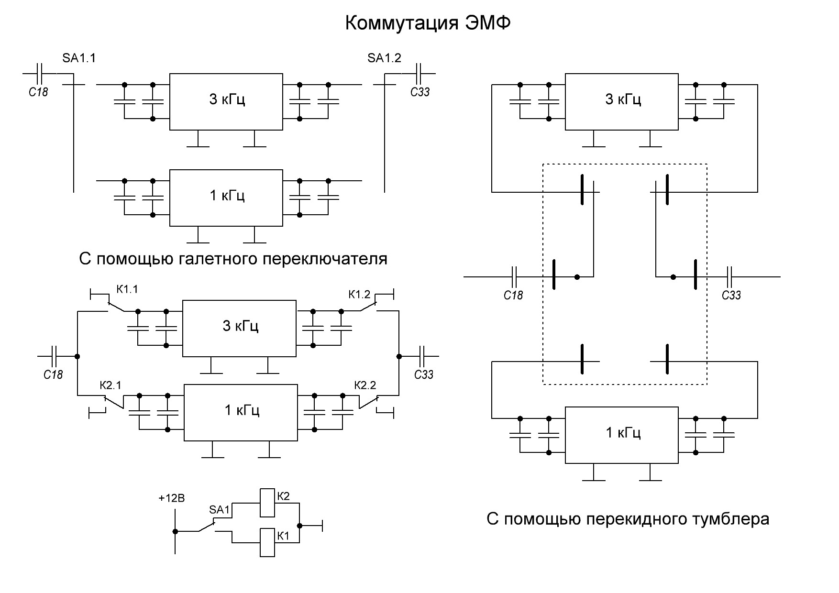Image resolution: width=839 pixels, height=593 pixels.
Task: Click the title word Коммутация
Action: (403, 23)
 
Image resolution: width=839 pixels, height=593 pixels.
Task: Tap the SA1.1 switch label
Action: (79, 58)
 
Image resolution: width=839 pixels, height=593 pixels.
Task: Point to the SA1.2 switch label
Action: (384, 58)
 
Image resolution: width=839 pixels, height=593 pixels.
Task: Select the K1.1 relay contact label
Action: (127, 289)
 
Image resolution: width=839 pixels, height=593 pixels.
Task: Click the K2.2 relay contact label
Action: (365, 385)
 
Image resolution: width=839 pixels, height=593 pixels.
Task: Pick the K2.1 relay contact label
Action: (110, 385)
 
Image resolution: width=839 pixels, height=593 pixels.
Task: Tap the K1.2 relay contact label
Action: (359, 294)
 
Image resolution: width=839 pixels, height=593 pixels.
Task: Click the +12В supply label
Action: (172, 498)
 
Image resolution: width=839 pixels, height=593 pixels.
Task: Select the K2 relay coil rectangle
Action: (267, 503)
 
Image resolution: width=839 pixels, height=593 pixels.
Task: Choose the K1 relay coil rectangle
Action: (267, 542)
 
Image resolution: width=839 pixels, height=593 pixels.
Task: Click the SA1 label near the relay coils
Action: (220, 510)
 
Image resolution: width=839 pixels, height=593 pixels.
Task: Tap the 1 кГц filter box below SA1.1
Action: (226, 198)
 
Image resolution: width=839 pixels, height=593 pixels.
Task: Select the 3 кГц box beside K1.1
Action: (239, 329)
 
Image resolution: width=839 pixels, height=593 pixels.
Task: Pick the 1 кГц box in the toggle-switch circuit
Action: (622, 435)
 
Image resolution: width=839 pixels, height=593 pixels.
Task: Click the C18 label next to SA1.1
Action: (39, 92)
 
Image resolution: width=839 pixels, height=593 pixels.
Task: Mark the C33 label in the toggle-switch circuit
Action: (731, 295)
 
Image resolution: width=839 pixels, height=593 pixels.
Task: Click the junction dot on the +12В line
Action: (175, 531)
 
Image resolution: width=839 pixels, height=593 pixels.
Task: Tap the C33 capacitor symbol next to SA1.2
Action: (419, 74)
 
